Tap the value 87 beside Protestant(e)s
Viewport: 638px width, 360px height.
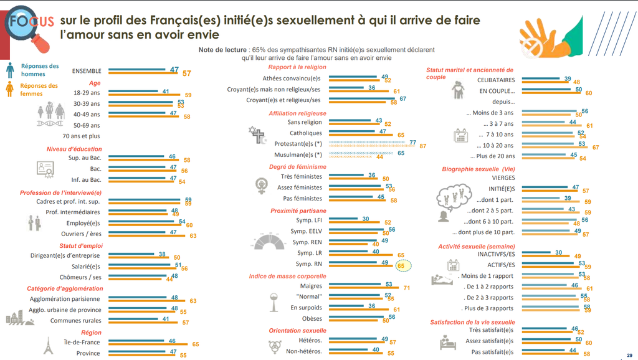pos(423,146)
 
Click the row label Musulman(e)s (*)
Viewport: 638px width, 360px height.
pos(298,154)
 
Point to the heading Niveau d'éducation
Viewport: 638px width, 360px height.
pos(74,149)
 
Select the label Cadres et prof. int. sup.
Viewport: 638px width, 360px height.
pos(60,201)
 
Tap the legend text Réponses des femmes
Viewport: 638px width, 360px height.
pos(39,90)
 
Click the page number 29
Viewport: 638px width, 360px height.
pos(629,354)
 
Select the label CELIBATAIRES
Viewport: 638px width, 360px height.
pos(496,80)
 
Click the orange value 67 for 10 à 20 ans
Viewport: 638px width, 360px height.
pos(596,148)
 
